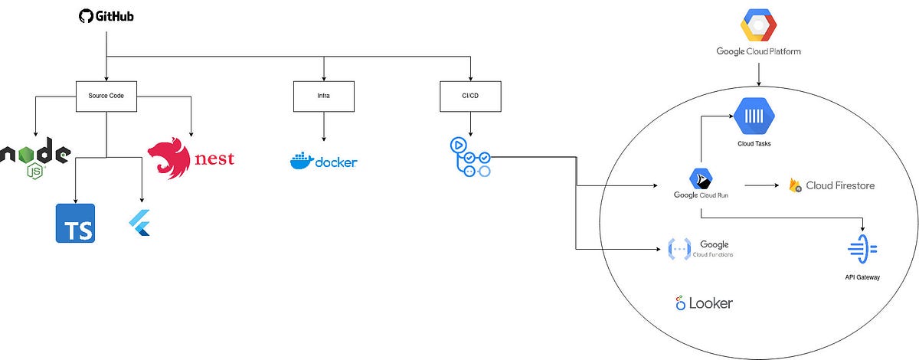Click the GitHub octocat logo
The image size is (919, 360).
87,15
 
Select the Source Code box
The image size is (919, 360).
106,97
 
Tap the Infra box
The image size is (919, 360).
324,97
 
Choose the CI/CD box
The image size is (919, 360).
470,97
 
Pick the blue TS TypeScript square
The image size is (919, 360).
75,223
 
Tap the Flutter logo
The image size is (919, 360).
139,223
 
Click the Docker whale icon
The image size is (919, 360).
305,161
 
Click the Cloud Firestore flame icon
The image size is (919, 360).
796,185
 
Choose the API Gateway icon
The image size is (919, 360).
862,250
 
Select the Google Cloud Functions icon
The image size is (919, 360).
679,249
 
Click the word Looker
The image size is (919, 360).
711,303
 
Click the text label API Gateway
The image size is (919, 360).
862,277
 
